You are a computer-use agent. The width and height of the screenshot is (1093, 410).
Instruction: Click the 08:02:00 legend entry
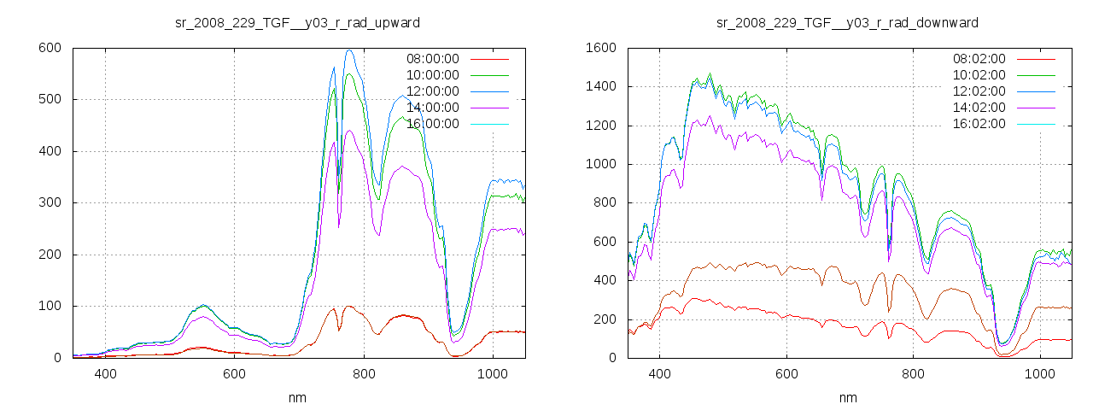pyautogui.click(x=979, y=59)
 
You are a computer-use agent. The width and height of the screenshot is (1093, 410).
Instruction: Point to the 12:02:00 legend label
pyautogui.click(x=979, y=91)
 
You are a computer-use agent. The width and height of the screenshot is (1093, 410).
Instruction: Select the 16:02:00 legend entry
pyautogui.click(x=979, y=124)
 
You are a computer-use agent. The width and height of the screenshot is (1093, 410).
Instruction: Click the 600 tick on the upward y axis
pyautogui.click(x=50, y=48)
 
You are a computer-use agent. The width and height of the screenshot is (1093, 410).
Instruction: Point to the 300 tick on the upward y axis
pyautogui.click(x=50, y=203)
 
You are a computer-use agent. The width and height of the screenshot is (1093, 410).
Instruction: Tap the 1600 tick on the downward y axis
pyautogui.click(x=600, y=48)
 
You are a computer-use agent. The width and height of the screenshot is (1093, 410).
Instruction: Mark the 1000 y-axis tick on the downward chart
pyautogui.click(x=600, y=164)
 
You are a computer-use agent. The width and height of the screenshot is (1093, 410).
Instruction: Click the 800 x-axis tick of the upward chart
pyautogui.click(x=364, y=374)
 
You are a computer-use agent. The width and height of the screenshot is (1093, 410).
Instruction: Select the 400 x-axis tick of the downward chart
pyautogui.click(x=659, y=374)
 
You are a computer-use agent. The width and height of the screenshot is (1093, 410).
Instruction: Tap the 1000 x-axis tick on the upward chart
pyautogui.click(x=493, y=374)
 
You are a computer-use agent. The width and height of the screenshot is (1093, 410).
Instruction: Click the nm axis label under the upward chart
pyautogui.click(x=297, y=397)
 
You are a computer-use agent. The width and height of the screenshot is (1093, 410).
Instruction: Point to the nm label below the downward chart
pyautogui.click(x=847, y=397)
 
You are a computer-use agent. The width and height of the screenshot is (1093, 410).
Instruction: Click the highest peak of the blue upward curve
pyautogui.click(x=349, y=50)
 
